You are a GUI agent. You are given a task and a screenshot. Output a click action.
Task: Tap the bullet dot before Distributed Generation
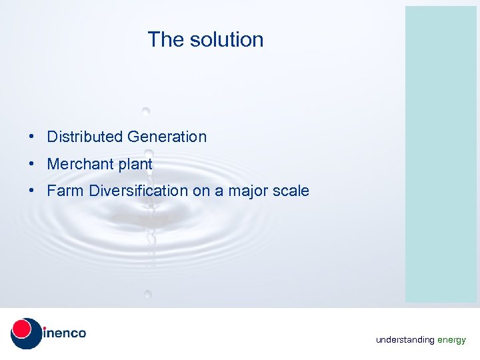pyautogui.click(x=31, y=137)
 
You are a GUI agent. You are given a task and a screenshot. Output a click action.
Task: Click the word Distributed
pyautogui.click(x=85, y=137)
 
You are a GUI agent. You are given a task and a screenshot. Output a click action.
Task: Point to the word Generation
pyautogui.click(x=167, y=137)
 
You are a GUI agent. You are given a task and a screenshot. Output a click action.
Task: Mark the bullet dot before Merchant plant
pyautogui.click(x=31, y=164)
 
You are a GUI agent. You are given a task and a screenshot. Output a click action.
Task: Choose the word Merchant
pyautogui.click(x=80, y=164)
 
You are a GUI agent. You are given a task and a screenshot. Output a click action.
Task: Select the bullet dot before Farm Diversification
pyautogui.click(x=31, y=191)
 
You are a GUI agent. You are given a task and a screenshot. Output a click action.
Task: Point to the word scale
pyautogui.click(x=291, y=191)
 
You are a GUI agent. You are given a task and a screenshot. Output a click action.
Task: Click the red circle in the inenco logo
pyautogui.click(x=22, y=329)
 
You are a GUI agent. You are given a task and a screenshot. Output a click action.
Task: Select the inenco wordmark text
pyautogui.click(x=65, y=333)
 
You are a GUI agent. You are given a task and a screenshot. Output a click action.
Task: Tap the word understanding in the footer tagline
pyautogui.click(x=405, y=340)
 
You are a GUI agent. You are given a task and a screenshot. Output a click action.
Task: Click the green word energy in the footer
pyautogui.click(x=452, y=340)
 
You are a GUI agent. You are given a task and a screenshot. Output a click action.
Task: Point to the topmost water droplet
pyautogui.click(x=145, y=111)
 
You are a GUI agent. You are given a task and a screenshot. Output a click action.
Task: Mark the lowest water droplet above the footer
pyautogui.click(x=147, y=293)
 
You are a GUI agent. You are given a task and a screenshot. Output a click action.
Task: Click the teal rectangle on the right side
pyautogui.click(x=441, y=154)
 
